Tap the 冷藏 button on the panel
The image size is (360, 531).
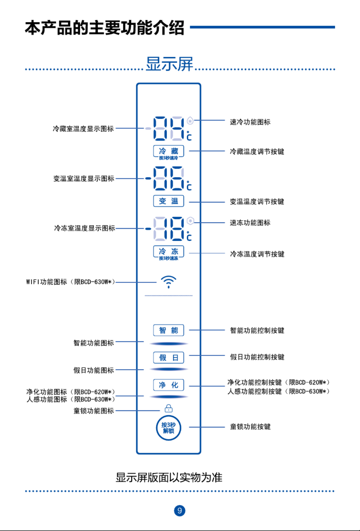click(169, 151)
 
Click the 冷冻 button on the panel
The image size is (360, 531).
click(169, 251)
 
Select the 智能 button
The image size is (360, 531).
click(169, 330)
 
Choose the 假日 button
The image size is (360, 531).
click(169, 358)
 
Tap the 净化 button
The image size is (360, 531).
click(169, 385)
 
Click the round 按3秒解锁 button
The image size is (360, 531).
click(169, 428)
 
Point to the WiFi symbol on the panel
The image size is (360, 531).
click(169, 282)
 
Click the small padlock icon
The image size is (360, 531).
click(169, 409)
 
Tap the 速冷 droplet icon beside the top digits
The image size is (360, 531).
click(190, 121)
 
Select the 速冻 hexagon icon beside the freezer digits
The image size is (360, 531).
click(190, 221)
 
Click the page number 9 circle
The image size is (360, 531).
click(180, 510)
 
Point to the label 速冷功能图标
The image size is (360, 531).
click(250, 122)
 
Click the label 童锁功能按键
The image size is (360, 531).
click(250, 427)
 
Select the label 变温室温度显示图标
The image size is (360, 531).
click(84, 178)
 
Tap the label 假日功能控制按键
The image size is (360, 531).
click(257, 357)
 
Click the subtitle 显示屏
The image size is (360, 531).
click(169, 64)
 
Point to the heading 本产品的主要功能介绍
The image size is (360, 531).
click(104, 28)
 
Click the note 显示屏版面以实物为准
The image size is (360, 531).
click(169, 478)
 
